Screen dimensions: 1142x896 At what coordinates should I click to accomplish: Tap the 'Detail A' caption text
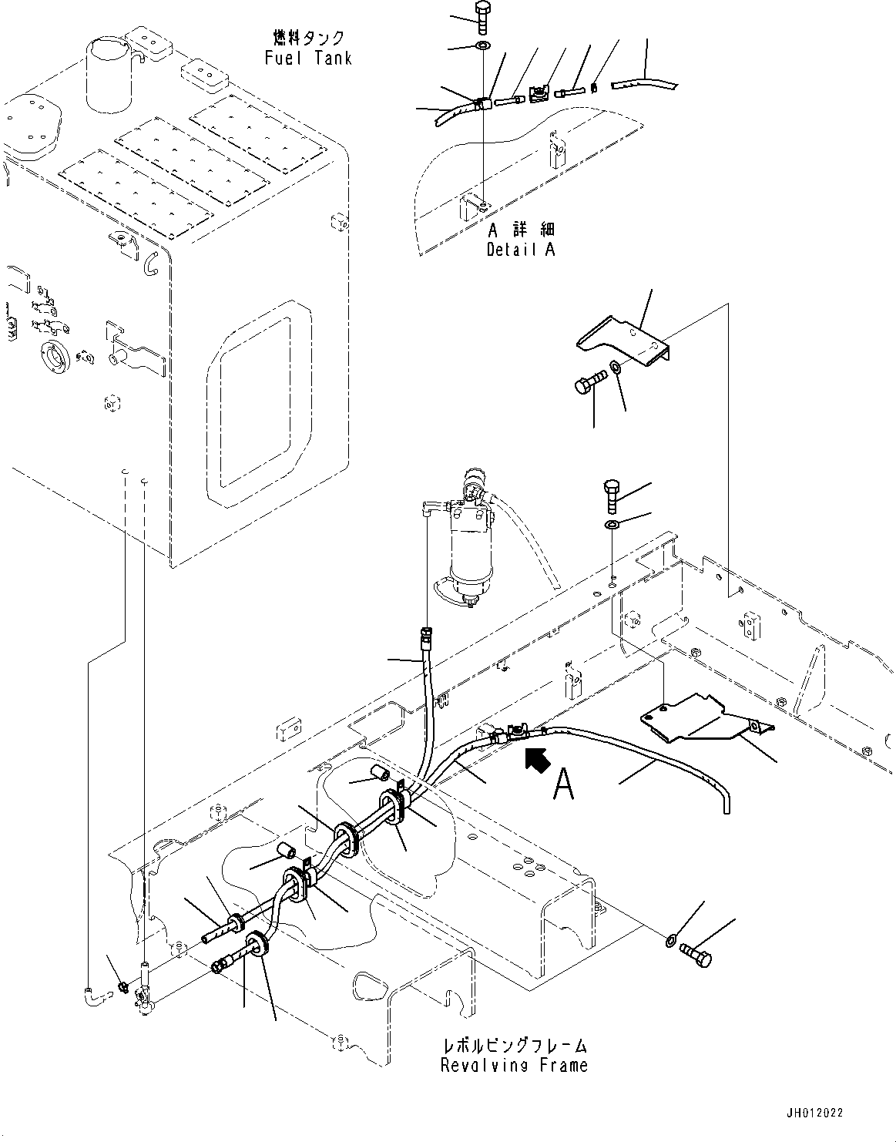coord(520,249)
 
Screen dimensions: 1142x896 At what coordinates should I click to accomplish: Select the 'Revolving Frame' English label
coord(514,1066)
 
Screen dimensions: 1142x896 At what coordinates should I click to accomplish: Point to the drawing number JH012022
coord(815,1113)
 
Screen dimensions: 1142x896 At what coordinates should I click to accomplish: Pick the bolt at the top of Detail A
coord(483,17)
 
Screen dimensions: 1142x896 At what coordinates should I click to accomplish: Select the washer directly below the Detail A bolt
coord(482,49)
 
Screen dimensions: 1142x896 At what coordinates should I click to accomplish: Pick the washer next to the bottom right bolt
coord(670,940)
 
